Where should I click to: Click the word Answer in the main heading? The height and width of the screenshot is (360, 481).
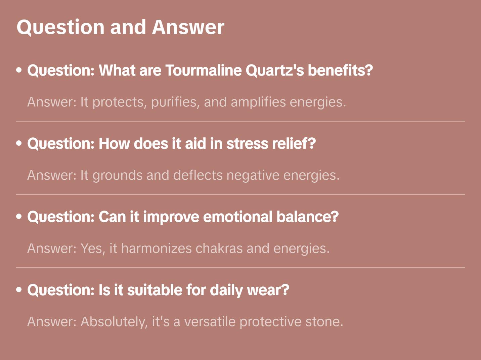188,27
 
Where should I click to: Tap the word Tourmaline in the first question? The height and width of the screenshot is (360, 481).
203,70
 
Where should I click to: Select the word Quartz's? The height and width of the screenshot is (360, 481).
275,71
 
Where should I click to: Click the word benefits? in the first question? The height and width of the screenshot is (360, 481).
340,70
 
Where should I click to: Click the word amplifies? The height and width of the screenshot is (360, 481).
258,102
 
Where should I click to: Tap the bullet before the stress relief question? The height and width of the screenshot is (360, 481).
19,143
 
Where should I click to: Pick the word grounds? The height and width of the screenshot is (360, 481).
118,176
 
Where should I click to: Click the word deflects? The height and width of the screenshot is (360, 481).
198,175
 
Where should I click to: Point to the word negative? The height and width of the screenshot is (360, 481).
253,176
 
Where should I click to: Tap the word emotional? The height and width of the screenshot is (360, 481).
238,217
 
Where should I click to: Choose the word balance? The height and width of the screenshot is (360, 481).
307,217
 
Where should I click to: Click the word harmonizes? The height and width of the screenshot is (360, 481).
157,249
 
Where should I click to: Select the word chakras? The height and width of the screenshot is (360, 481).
219,249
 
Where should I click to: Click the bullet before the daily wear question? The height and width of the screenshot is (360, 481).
19,290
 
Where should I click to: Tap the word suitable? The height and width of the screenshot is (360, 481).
155,290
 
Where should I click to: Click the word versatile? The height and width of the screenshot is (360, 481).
210,322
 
